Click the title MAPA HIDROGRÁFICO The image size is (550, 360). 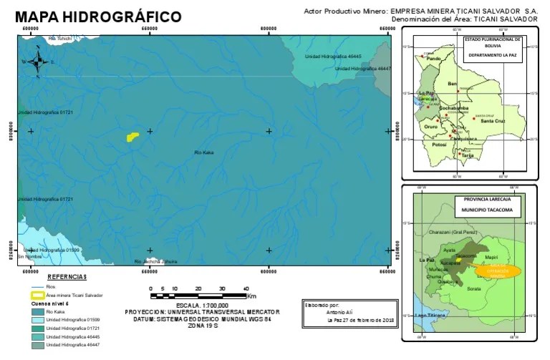click(x=98, y=16)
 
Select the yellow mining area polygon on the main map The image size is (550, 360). click(x=132, y=136)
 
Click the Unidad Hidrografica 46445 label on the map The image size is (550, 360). click(x=333, y=56)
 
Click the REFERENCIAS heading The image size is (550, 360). click(x=67, y=276)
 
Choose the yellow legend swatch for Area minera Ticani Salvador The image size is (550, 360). click(x=36, y=295)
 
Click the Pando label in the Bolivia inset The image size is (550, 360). click(x=433, y=58)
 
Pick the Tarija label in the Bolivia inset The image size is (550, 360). click(x=468, y=155)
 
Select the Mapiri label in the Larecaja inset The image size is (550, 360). click(x=491, y=256)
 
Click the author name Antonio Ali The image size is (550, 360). click(x=340, y=312)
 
